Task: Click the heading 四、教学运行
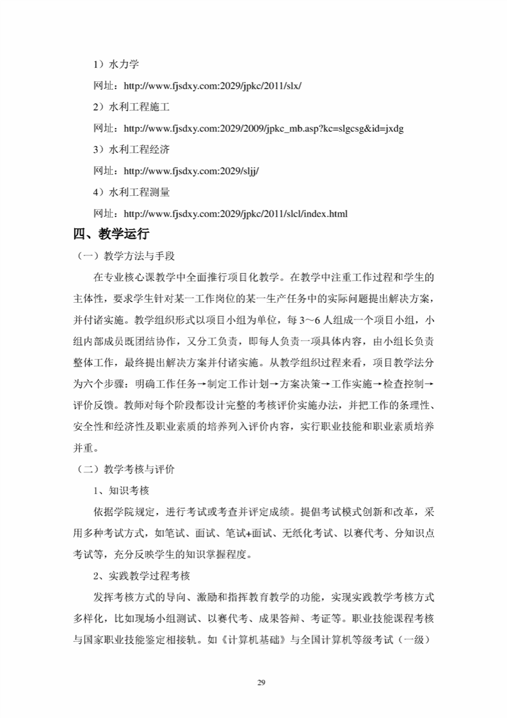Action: [x=112, y=234]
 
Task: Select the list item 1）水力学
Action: [x=116, y=65]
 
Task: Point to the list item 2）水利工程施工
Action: [x=131, y=107]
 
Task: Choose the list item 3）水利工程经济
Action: [x=131, y=150]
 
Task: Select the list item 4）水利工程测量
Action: [x=131, y=192]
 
